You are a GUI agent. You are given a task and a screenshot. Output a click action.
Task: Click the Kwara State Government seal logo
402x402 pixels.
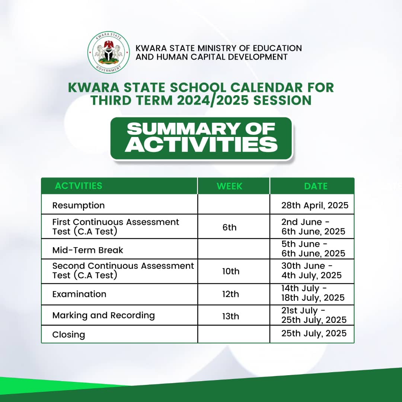(109, 52)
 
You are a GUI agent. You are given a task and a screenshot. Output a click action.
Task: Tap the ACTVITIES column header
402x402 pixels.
(79, 186)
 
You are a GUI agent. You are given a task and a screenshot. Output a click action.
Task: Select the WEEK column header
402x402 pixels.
(230, 186)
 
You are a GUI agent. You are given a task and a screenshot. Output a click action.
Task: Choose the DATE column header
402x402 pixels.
(316, 186)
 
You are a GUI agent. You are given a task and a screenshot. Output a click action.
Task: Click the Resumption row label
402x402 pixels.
(79, 205)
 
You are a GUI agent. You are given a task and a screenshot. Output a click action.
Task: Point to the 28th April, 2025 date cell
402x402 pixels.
(315, 205)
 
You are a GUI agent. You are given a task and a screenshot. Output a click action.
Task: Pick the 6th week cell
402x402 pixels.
(230, 227)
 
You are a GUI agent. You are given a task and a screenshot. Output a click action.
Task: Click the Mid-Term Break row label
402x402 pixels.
(88, 250)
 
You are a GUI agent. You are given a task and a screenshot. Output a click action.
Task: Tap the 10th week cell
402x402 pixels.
(231, 271)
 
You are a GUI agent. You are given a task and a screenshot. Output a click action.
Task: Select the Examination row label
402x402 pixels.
(79, 294)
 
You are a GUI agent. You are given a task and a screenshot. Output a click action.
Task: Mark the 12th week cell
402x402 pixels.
(231, 294)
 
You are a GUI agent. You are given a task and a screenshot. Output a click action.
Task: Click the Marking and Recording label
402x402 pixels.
(103, 315)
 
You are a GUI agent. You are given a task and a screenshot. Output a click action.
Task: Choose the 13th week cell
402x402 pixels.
(231, 316)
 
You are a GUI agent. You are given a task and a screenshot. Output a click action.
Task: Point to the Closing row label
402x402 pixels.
(68, 334)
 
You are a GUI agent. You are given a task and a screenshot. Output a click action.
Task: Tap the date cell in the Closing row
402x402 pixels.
(314, 333)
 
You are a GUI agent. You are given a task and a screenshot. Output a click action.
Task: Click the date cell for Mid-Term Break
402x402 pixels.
(313, 249)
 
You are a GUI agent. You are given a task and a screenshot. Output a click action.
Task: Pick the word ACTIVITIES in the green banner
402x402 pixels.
(201, 144)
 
